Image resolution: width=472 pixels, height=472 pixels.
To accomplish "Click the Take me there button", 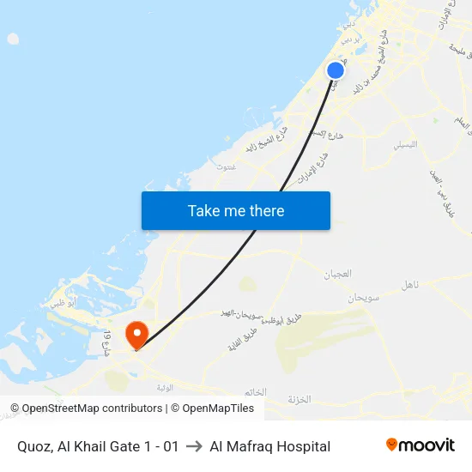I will [x=236, y=210].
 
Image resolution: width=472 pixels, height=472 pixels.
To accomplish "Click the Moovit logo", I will [x=421, y=445].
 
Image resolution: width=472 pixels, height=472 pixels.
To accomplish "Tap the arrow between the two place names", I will [x=194, y=446].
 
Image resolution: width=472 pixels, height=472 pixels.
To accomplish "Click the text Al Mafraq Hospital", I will [x=269, y=446].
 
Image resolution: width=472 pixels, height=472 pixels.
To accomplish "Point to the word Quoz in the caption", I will [x=34, y=446].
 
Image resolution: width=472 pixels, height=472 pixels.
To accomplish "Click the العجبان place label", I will [x=337, y=275].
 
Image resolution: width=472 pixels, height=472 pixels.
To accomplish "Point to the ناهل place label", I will [x=410, y=285].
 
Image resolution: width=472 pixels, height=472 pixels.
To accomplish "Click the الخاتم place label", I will [x=254, y=392].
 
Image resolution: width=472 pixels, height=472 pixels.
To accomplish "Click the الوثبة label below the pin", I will [x=165, y=387].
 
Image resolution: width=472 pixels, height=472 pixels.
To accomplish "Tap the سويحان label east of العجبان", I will [x=363, y=298].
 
